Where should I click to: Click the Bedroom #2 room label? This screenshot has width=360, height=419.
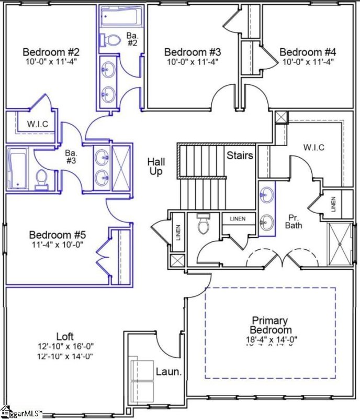pyautogui.click(x=51, y=52)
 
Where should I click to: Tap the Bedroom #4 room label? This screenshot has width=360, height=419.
pyautogui.click(x=307, y=52)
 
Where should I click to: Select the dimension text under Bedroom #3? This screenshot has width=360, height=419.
pyautogui.click(x=192, y=62)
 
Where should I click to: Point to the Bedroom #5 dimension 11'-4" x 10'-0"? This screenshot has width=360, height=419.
pyautogui.click(x=56, y=244)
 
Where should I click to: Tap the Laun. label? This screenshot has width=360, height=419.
pyautogui.click(x=169, y=372)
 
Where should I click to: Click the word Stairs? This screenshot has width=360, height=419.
pyautogui.click(x=240, y=156)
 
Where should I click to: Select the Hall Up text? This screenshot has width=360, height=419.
pyautogui.click(x=155, y=167)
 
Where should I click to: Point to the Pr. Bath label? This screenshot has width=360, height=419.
pyautogui.click(x=292, y=220)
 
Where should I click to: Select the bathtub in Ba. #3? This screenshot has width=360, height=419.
pyautogui.click(x=19, y=168)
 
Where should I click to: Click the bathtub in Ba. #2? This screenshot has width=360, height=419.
pyautogui.click(x=120, y=17)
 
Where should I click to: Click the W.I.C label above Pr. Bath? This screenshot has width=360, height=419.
pyautogui.click(x=313, y=148)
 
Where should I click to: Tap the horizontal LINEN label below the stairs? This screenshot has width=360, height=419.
pyautogui.click(x=238, y=218)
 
